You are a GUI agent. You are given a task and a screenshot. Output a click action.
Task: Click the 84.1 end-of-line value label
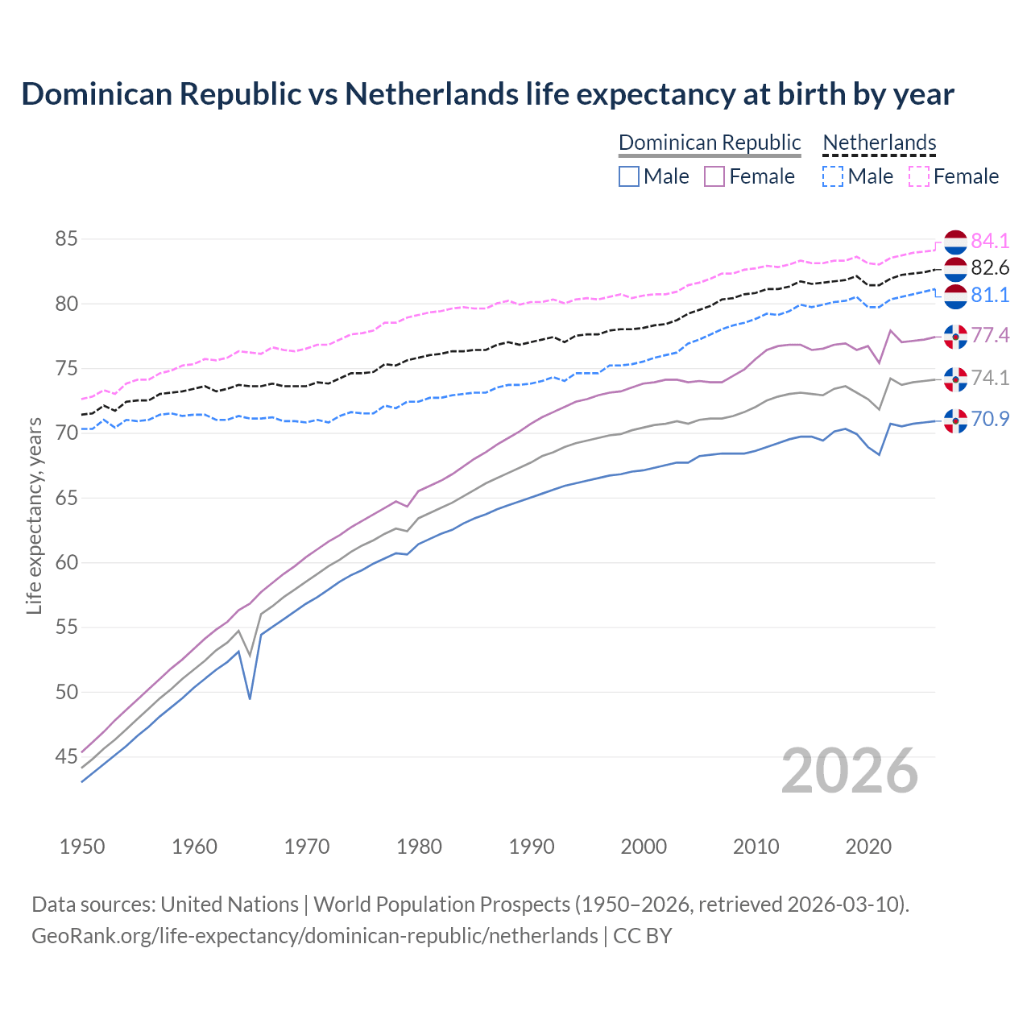click(990, 241)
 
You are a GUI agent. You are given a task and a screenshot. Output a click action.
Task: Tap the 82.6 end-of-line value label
click(990, 268)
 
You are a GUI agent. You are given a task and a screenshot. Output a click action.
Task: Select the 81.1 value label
click(990, 296)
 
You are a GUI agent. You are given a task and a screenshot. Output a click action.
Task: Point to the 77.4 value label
click(990, 335)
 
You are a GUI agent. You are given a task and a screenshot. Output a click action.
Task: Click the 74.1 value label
click(990, 379)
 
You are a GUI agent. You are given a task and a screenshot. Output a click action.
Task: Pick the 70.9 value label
click(990, 419)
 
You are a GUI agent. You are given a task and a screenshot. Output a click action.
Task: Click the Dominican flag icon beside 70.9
click(955, 420)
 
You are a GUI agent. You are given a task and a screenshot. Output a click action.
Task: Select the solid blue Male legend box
click(629, 176)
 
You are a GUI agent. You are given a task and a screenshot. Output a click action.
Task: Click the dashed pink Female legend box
click(919, 176)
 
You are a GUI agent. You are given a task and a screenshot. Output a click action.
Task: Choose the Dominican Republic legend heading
click(710, 143)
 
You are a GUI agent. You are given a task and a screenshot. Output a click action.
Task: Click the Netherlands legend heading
click(880, 143)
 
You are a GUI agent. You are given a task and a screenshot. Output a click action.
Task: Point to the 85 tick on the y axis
click(66, 239)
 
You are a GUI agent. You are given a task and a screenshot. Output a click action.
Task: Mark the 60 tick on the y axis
click(66, 562)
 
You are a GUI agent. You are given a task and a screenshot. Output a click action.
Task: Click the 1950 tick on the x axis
click(82, 847)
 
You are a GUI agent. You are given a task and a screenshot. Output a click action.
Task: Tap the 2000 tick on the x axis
click(644, 847)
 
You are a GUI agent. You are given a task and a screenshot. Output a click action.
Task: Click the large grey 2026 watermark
click(850, 771)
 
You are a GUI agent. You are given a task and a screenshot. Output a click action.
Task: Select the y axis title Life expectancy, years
click(34, 515)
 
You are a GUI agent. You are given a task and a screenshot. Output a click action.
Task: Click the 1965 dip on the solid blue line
click(250, 698)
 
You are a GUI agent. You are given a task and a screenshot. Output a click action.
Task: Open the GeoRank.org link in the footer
click(314, 936)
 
